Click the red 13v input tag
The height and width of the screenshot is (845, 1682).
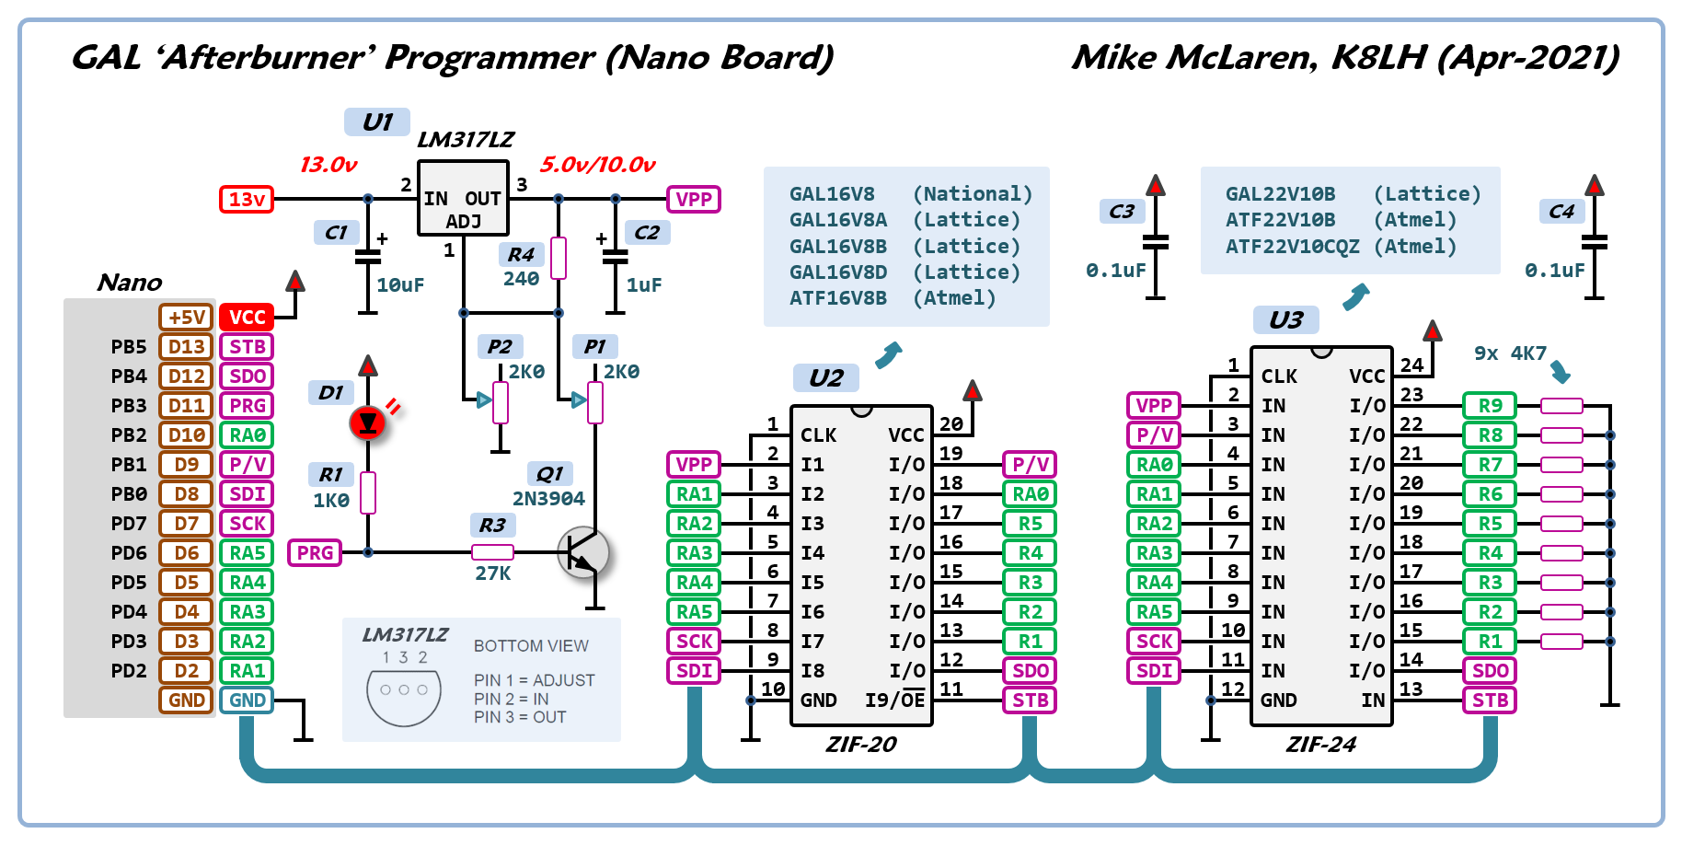coord(246,199)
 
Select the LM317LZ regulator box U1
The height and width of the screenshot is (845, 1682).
coord(463,199)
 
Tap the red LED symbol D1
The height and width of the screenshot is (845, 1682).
coord(368,422)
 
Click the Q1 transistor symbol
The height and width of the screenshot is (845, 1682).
coord(583,552)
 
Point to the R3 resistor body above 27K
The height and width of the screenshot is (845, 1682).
coord(492,552)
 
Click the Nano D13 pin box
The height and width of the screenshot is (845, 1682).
coord(186,347)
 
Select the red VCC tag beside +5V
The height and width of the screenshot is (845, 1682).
coord(247,318)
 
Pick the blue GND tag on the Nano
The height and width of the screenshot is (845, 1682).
coord(247,700)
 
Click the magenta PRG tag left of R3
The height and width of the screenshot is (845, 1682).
coord(315,552)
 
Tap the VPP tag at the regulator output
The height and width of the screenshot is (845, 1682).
coord(693,199)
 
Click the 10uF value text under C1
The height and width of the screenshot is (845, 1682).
coord(400,285)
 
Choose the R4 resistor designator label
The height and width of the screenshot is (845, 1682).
coord(521,254)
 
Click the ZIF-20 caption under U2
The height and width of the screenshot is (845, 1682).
coord(860,745)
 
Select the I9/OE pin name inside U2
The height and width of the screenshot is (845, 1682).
coord(894,700)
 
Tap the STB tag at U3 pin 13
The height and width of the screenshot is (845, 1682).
coord(1490,700)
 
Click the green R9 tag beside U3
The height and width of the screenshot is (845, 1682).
coord(1490,406)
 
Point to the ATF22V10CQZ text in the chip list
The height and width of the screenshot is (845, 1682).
coord(1292,247)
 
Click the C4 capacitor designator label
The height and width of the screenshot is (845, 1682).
coord(1561,212)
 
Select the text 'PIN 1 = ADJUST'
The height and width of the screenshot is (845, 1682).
coord(534,680)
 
